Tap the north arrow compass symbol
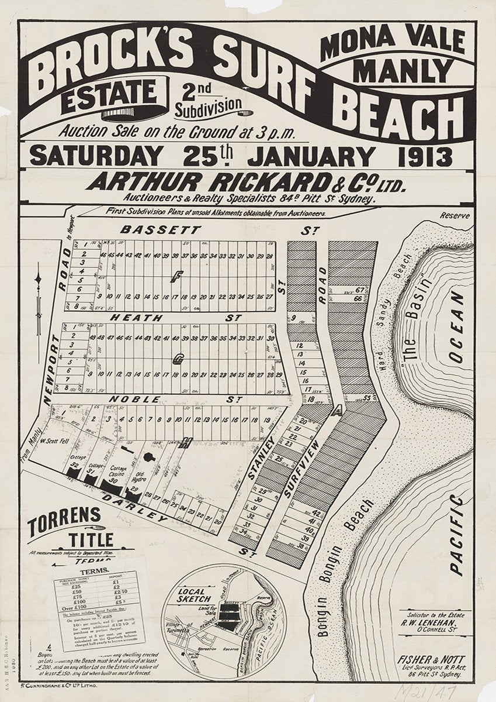point(39,298)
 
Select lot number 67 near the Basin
point(359,290)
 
